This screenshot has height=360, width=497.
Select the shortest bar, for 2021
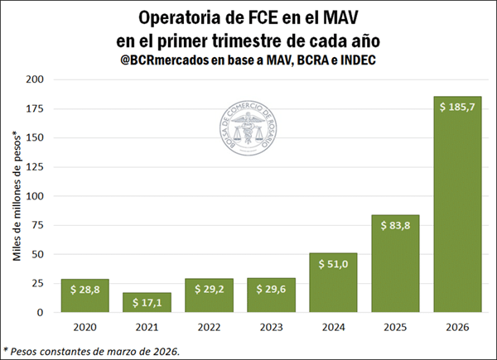[147, 303]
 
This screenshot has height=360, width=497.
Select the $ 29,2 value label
[209, 289]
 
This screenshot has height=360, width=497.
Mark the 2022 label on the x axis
[209, 327]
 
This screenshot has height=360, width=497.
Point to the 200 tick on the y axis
[37, 80]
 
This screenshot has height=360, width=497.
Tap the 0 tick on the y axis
[43, 313]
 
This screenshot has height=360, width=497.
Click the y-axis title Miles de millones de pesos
[17, 196]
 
